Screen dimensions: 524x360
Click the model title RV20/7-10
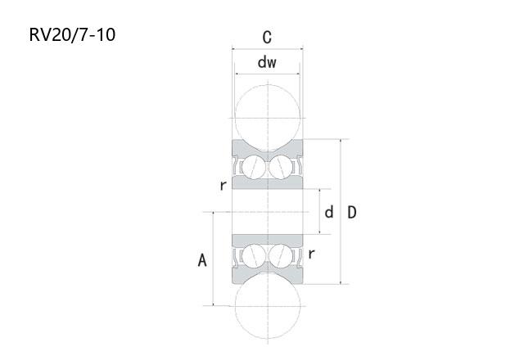pos(72,34)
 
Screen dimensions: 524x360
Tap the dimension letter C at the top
pos(267,37)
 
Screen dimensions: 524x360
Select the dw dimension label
pos(267,62)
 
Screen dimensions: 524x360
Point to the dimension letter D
pos(352,213)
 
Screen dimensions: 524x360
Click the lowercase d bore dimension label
pos(329,212)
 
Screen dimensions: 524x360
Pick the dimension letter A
pos(202,260)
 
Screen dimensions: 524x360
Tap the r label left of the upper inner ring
pos(224,185)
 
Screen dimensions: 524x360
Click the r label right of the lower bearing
pos(311,254)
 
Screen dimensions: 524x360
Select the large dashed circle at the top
pos(268,85)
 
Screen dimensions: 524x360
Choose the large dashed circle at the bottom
pos(268,338)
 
